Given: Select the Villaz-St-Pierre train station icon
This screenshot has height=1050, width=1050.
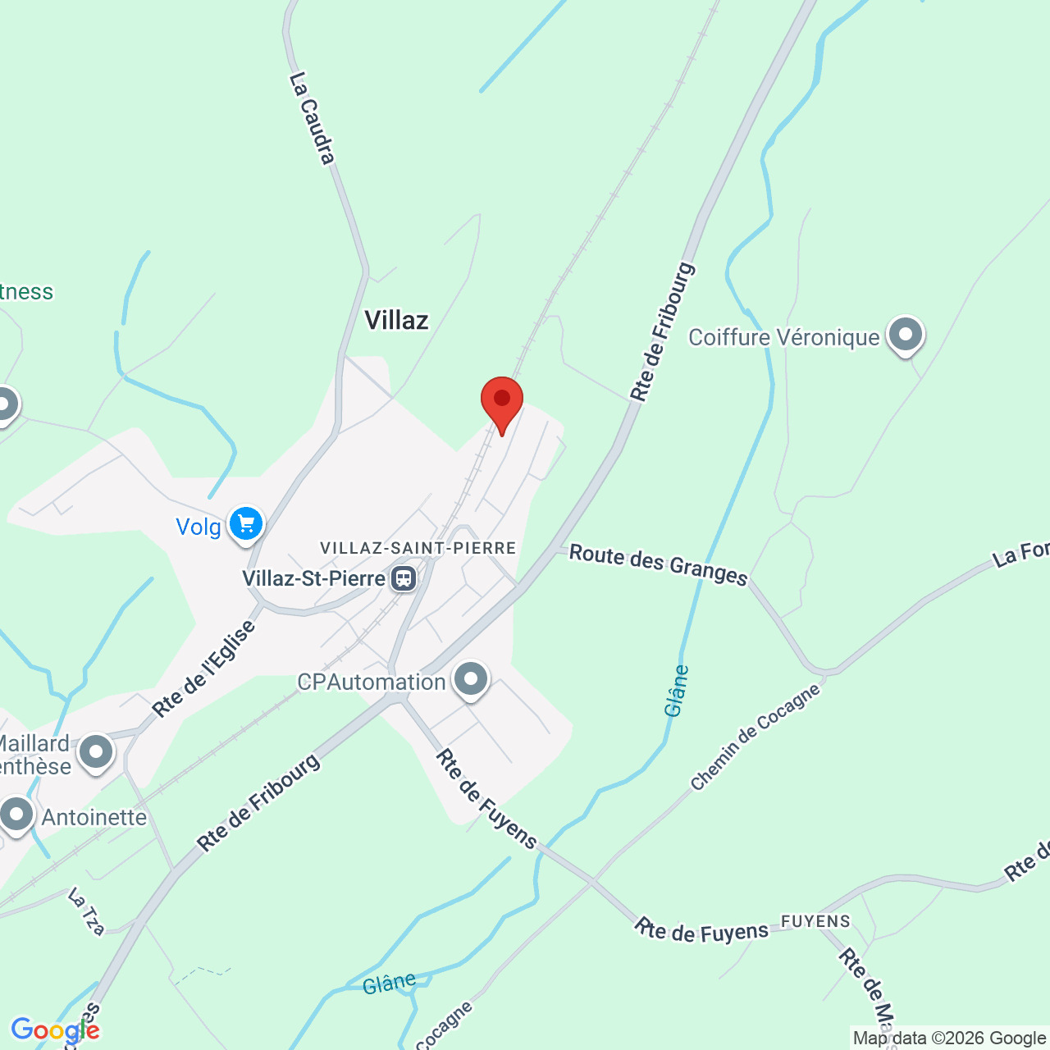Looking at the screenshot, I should point(403,578).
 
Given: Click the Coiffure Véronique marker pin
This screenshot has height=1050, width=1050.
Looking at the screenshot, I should point(905,336).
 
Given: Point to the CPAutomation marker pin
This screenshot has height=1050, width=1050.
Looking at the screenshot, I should point(471,679).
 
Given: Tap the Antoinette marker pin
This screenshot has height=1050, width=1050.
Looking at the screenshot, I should point(16,815).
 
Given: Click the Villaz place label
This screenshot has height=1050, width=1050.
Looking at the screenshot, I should point(396,320).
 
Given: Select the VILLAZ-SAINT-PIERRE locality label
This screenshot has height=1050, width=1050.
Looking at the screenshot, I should point(418,548).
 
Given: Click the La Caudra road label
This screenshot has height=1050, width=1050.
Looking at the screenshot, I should point(313,118).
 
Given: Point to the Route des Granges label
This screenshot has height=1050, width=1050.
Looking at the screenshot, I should point(658,565).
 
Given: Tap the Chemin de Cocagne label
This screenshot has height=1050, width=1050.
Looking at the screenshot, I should point(755,737).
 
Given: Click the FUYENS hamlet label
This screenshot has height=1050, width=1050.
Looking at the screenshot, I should point(815,921).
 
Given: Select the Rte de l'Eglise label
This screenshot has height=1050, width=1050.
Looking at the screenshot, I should point(204,669).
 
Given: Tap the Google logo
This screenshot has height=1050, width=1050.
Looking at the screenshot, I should point(55,1030).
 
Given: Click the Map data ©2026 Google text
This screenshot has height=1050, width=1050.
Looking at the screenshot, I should point(949,1039).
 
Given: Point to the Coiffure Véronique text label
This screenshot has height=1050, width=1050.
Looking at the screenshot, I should point(783,337).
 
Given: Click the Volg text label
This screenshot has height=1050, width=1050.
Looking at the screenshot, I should point(199,527).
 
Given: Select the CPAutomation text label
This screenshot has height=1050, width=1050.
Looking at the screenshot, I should point(371,682).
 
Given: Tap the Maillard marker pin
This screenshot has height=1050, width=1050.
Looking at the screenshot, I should point(96,751).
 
